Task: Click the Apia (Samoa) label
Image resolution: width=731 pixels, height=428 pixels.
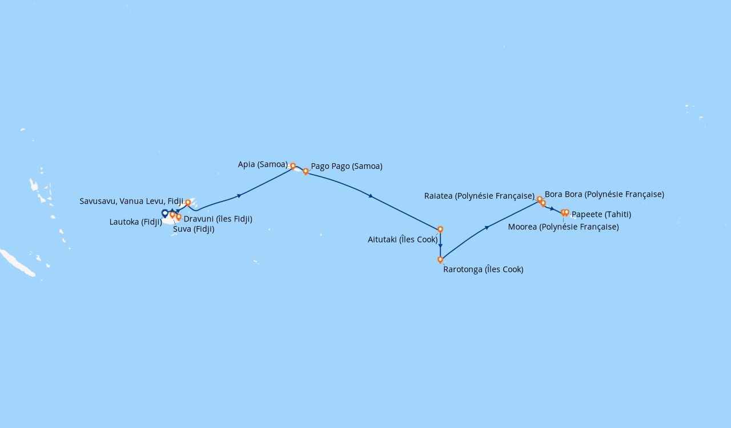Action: pos(263,164)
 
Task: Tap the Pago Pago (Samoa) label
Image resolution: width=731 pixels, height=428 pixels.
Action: pos(347,167)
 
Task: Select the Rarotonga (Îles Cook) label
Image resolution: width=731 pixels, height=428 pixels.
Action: pos(483,269)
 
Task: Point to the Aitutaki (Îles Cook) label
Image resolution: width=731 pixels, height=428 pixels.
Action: pos(403,240)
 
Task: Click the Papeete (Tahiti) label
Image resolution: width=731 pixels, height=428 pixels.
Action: pos(601,215)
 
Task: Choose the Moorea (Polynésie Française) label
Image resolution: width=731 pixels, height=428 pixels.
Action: pos(563,227)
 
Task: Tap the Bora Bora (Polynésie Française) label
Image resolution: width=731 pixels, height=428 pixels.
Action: pos(604,195)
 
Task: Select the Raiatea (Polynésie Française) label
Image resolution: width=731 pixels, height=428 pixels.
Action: pos(479,196)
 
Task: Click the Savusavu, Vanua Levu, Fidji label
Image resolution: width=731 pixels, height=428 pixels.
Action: pos(131,201)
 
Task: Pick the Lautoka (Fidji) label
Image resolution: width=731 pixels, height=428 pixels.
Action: pos(136,222)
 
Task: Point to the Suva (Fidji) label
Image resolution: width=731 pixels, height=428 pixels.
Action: pos(194,229)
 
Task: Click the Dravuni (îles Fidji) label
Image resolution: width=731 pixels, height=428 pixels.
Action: pos(218,219)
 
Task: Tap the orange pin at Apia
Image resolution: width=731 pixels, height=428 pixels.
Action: pos(293,166)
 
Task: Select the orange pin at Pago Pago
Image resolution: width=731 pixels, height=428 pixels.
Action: pos(306,171)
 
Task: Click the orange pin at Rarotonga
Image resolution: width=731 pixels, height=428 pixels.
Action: pos(440,260)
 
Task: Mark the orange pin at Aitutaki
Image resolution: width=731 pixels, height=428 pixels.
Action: pos(440,229)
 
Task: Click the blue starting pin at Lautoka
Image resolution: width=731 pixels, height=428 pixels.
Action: pos(165,213)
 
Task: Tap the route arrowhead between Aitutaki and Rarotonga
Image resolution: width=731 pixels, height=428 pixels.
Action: pos(440,245)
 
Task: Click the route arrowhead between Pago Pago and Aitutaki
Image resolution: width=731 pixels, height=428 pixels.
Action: pos(371,196)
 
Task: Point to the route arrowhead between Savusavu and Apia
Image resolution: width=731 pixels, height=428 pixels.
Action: pos(239,196)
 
